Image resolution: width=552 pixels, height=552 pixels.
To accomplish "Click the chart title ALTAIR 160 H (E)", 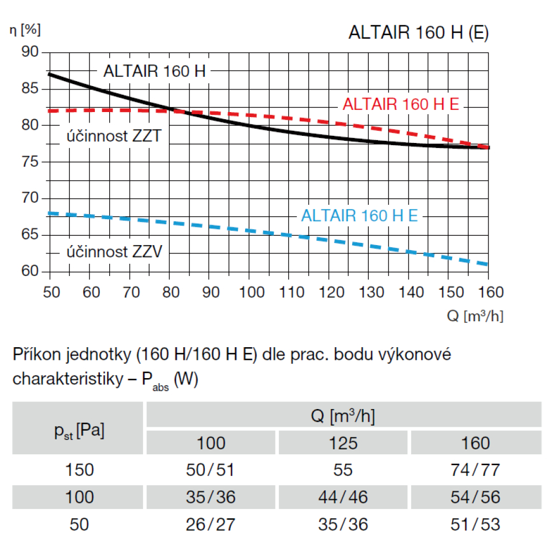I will [418, 33].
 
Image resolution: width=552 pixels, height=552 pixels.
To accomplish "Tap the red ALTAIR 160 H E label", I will [401, 104].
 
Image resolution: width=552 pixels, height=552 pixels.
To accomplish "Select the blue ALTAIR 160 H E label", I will [359, 215].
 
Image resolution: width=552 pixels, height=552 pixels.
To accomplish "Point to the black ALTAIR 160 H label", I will [155, 71].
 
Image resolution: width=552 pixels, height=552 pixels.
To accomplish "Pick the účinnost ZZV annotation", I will [115, 253].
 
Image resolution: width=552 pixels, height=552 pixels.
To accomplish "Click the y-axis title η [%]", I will [25, 30].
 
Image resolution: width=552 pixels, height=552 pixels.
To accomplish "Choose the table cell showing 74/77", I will [476, 470].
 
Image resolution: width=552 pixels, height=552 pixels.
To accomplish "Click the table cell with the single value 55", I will [343, 470].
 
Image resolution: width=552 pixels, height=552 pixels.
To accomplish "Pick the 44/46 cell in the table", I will [343, 497].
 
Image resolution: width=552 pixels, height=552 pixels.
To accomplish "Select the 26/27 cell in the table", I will [211, 524].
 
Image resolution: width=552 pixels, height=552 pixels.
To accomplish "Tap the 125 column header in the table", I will [343, 443].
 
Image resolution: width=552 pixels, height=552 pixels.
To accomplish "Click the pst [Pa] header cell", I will [78, 429].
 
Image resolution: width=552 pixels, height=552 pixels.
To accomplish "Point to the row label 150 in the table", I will [79, 470].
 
